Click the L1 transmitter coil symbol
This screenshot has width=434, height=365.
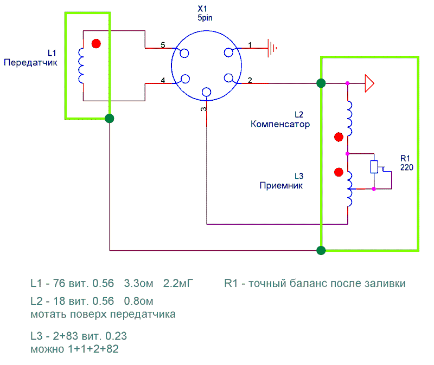(x=82, y=66)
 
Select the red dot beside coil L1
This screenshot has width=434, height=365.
(x=97, y=44)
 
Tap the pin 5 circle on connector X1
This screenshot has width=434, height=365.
(x=184, y=53)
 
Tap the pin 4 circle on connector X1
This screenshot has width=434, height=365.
(x=184, y=79)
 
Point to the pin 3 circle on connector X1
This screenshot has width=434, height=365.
(x=206, y=92)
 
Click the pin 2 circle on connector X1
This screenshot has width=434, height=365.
(x=229, y=79)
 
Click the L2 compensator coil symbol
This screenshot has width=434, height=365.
(x=350, y=119)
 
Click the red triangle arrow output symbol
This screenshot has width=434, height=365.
(x=369, y=83)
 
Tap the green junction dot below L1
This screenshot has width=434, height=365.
(x=110, y=118)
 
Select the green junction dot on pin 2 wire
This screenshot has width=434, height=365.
(x=321, y=83)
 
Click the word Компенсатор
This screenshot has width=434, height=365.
(x=280, y=124)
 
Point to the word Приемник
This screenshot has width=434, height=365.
(x=281, y=185)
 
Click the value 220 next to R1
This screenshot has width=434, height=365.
(x=407, y=167)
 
